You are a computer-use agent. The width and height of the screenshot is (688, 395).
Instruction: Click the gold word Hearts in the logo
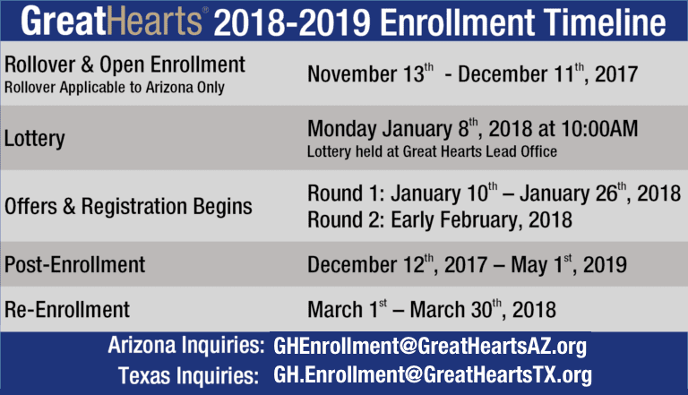[154, 21]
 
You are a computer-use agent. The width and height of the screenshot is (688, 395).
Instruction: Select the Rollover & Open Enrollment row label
[125, 65]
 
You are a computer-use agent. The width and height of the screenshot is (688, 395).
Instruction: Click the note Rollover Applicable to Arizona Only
[115, 88]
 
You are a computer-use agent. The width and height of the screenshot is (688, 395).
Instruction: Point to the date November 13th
[370, 73]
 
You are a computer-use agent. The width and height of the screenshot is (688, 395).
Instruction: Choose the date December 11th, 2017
[547, 73]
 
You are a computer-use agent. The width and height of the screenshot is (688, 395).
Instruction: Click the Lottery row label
[35, 139]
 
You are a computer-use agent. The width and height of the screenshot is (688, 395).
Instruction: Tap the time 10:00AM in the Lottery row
[599, 129]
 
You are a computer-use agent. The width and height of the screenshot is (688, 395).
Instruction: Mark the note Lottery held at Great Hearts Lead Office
[432, 151]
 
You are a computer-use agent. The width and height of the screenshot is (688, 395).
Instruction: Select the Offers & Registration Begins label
[128, 206]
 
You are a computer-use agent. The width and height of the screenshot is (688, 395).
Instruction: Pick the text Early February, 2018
[481, 219]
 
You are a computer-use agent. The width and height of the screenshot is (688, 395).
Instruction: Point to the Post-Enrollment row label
[74, 264]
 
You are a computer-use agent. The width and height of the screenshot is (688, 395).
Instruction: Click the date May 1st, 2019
[569, 264]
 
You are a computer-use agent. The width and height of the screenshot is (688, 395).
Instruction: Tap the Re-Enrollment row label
[67, 309]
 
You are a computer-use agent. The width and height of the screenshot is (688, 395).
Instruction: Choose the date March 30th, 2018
[483, 309]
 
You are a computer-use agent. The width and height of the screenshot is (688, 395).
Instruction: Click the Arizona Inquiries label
[186, 346]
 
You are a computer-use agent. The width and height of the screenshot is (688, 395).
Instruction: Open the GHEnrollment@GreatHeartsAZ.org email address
[430, 347]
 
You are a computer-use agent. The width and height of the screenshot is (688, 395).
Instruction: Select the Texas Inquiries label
[189, 376]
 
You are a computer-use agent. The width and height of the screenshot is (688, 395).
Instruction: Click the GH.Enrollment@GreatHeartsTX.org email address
[433, 375]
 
